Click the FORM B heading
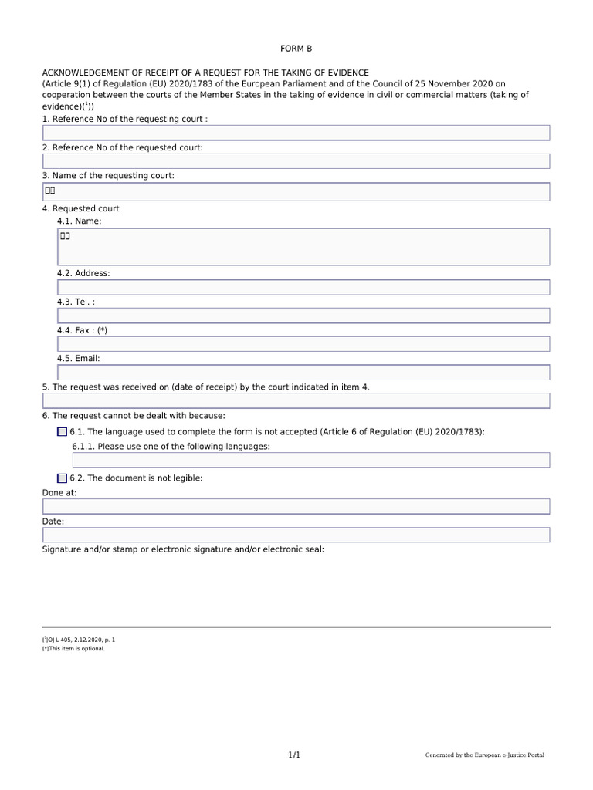pyautogui.click(x=296, y=49)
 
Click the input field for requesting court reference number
pyautogui.click(x=296, y=133)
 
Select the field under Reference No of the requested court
pyautogui.click(x=296, y=161)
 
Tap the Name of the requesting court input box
pyautogui.click(x=296, y=191)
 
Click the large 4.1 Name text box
pyautogui.click(x=303, y=247)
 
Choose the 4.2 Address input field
pyautogui.click(x=303, y=287)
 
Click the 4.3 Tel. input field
pyautogui.click(x=303, y=316)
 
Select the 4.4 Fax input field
pyautogui.click(x=303, y=344)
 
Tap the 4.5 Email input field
pyautogui.click(x=303, y=373)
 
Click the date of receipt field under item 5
pyautogui.click(x=296, y=400)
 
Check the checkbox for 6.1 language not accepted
pyautogui.click(x=62, y=432)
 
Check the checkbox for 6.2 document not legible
pyautogui.click(x=62, y=478)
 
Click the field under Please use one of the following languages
pyautogui.click(x=310, y=460)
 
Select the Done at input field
pyautogui.click(x=296, y=506)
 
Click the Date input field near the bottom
pyautogui.click(x=296, y=535)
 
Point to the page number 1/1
pyautogui.click(x=294, y=755)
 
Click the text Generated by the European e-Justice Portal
pyautogui.click(x=484, y=755)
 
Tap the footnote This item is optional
pyautogui.click(x=74, y=649)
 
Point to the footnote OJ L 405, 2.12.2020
pyautogui.click(x=79, y=640)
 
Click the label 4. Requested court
pyautogui.click(x=80, y=209)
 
